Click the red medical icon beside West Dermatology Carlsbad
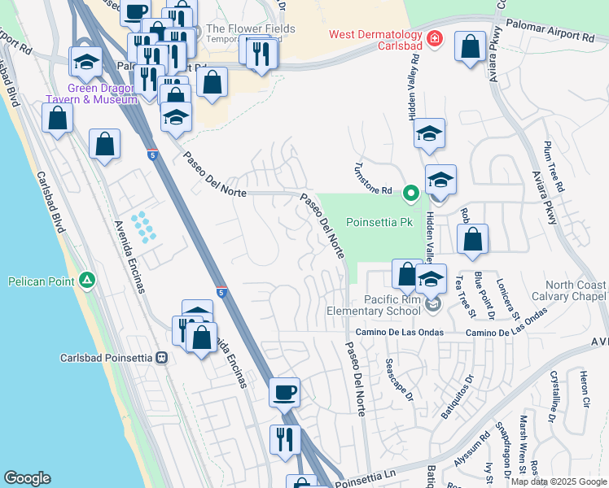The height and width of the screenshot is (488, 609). pyautogui.click(x=435, y=38)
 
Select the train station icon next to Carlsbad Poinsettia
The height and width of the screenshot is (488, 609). pyautogui.click(x=162, y=357)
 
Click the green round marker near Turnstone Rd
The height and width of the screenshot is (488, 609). pyautogui.click(x=411, y=193)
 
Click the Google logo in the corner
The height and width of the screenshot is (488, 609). pyautogui.click(x=27, y=478)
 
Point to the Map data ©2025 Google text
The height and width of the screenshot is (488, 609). pyautogui.click(x=558, y=481)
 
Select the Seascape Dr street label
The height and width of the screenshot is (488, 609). pyautogui.click(x=400, y=381)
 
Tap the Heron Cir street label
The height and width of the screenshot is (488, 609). pyautogui.click(x=584, y=390)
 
